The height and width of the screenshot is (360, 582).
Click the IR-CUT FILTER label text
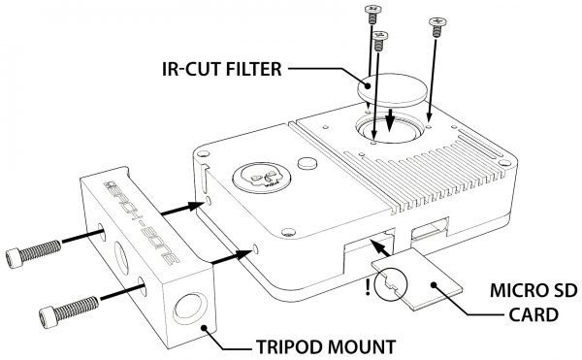(x=221, y=70)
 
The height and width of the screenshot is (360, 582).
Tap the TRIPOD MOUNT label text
(x=326, y=347)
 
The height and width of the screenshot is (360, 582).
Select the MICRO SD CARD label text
(x=533, y=303)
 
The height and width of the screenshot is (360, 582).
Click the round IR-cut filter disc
(x=392, y=90)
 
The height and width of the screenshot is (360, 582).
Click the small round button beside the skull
(x=307, y=163)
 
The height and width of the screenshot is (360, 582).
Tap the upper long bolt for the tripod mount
(x=33, y=253)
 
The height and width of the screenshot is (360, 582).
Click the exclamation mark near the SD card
(x=368, y=286)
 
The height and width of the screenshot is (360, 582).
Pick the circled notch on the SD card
(x=391, y=284)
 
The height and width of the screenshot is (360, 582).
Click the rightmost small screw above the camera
(x=437, y=27)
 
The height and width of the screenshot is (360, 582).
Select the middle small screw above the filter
(x=379, y=41)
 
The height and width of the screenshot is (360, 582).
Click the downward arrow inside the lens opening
(x=389, y=120)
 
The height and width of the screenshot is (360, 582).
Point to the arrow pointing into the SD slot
(x=380, y=247)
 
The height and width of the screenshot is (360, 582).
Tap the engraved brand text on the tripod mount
(x=142, y=222)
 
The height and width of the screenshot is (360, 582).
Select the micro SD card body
(x=417, y=278)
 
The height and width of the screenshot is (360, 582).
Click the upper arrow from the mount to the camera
(x=182, y=209)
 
